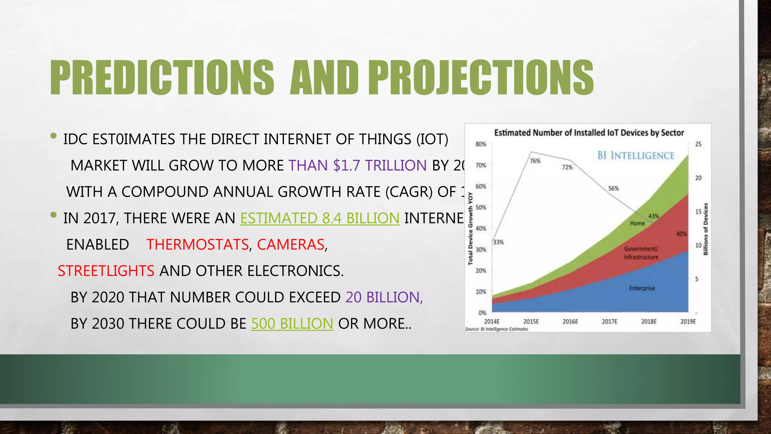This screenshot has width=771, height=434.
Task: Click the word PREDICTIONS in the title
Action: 162,78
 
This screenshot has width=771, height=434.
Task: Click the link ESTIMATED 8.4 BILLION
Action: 320,218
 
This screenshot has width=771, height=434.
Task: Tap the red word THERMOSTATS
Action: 197,245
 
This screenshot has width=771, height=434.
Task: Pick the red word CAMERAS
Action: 290,245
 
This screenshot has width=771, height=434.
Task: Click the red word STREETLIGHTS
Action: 106,271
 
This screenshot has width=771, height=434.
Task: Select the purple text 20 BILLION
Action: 384,297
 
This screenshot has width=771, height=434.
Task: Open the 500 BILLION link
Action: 292,324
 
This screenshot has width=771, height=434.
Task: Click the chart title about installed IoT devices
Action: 589,133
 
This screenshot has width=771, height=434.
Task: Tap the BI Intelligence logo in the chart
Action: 636,155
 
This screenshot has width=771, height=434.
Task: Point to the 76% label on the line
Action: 535,161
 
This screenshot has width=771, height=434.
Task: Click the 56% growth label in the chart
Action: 613,188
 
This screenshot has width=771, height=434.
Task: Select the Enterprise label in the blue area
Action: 642,288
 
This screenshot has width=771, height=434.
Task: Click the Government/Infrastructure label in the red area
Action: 641,253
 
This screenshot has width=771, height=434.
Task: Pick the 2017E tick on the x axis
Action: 609,322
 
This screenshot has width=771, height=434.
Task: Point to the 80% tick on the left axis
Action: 481,144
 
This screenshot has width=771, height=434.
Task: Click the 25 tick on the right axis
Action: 698,144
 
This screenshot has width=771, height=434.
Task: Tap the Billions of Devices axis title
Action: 706,229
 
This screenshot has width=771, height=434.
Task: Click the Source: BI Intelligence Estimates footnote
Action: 497,329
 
